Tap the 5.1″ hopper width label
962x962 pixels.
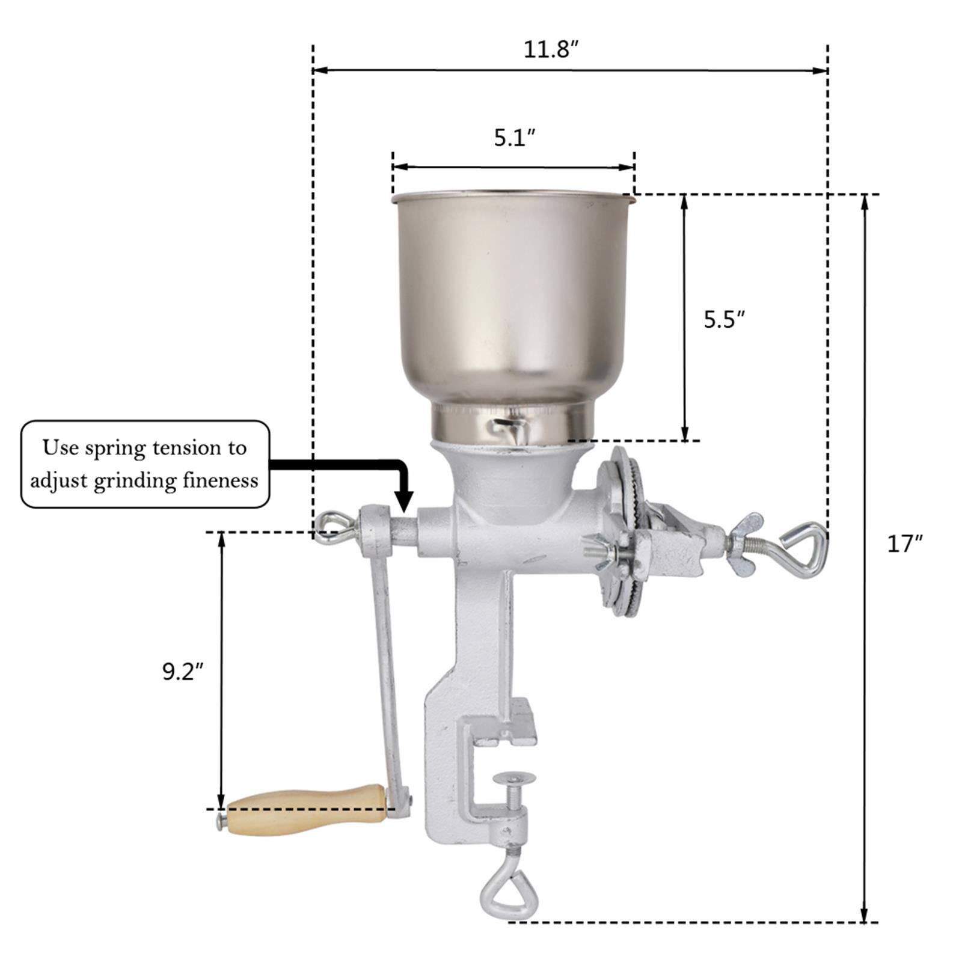pyautogui.click(x=515, y=138)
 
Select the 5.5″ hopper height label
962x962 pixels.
pyautogui.click(x=725, y=320)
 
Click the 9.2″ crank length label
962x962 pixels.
pyautogui.click(x=183, y=672)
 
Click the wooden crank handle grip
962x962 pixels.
pyautogui.click(x=307, y=810)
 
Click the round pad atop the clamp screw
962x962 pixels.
pyautogui.click(x=514, y=779)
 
